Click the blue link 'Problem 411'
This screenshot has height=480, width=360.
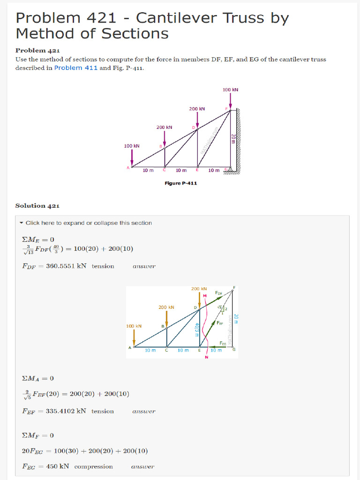tap(76, 68)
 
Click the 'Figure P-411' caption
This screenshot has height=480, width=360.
tap(180, 183)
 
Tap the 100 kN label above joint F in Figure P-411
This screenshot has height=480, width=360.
tap(231, 90)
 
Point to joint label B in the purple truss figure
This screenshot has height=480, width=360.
tap(160, 146)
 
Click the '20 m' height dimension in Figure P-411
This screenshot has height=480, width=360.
tap(233, 139)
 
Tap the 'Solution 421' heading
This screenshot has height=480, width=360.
tap(37, 206)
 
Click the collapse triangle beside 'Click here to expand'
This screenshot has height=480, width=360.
tap(22, 223)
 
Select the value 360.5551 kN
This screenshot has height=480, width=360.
tap(66, 266)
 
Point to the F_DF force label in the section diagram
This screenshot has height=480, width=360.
tap(219, 293)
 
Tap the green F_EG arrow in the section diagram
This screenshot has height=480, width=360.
tap(216, 347)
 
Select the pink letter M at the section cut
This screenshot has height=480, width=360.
tap(205, 295)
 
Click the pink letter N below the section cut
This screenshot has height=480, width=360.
tap(206, 357)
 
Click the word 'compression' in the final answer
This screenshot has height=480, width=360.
tap(93, 467)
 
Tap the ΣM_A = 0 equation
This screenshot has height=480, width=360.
tap(38, 378)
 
